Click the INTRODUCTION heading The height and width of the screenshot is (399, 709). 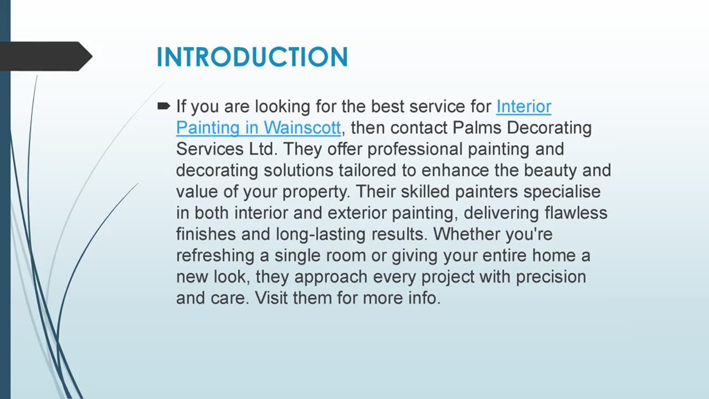click(x=252, y=58)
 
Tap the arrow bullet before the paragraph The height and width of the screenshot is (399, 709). click(x=163, y=105)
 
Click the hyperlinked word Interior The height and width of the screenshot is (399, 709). click(x=523, y=106)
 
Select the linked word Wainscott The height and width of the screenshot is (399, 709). click(x=302, y=128)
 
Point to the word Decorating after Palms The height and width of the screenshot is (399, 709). click(x=549, y=128)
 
